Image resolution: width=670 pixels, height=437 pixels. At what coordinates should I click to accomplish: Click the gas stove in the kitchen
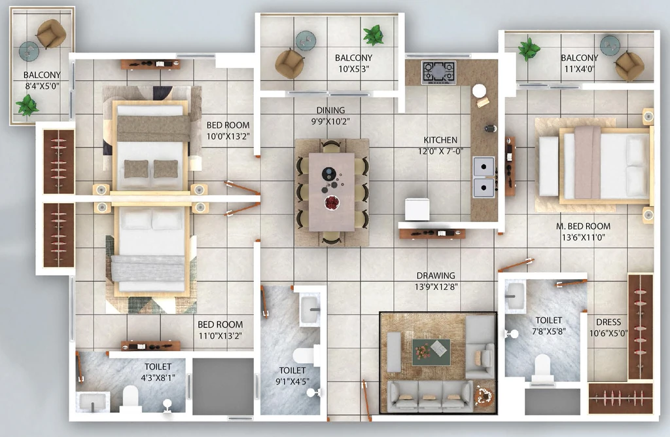439,72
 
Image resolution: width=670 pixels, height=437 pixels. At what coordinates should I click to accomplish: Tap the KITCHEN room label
440,140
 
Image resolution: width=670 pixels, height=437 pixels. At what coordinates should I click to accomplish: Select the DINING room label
330,111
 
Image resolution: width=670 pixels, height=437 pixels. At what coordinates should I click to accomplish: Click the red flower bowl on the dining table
332,202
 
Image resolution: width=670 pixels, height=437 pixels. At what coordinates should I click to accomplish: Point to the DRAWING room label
435,276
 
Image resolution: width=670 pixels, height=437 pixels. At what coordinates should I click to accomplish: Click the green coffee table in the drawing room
431,352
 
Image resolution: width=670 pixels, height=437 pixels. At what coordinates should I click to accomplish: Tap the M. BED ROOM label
583,226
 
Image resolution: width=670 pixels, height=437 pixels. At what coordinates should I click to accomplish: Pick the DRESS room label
608,322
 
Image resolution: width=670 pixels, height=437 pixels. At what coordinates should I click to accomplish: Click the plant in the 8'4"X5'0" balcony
27,105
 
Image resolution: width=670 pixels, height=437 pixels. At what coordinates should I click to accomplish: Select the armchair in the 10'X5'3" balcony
289,64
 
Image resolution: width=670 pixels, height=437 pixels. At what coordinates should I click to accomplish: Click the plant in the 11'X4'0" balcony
529,48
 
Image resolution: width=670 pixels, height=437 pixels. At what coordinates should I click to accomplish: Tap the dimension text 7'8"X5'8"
549,332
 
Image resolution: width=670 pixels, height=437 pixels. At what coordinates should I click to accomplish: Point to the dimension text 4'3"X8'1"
158,378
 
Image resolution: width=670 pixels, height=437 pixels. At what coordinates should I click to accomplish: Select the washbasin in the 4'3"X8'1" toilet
92,402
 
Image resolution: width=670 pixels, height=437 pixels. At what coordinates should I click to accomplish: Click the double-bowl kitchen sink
484,177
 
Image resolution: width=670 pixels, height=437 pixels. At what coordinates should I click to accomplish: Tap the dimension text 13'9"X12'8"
436,287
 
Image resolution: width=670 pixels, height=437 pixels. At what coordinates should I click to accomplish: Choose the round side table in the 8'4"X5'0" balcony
29,52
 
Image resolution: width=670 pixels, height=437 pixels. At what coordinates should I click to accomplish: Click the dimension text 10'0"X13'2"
228,136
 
